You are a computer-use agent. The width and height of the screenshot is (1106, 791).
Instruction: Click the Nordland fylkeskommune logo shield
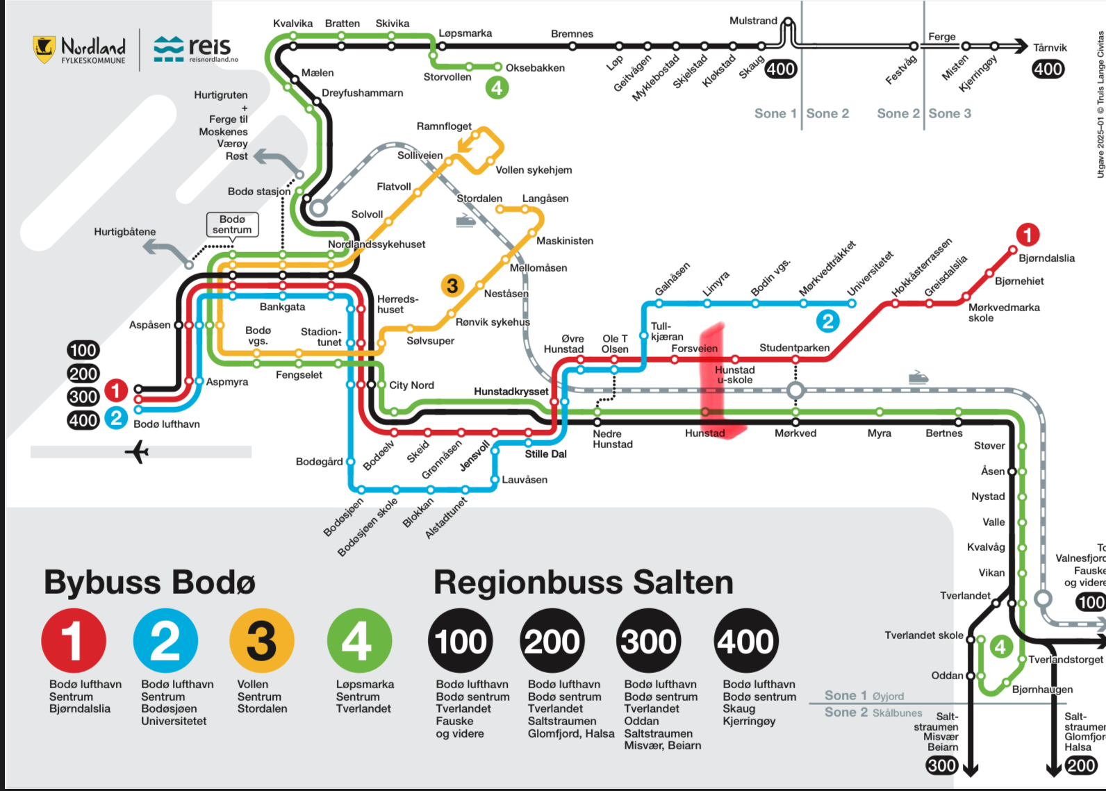[x=44, y=49]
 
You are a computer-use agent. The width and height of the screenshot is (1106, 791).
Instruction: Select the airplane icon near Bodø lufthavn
[x=138, y=452]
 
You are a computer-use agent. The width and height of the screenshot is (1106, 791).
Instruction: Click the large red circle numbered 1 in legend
[x=74, y=640]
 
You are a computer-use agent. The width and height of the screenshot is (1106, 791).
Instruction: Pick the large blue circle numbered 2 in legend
[x=165, y=640]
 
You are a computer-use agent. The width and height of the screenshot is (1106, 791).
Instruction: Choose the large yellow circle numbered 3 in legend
[x=262, y=640]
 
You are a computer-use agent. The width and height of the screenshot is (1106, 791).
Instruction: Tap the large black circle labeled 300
[x=649, y=640]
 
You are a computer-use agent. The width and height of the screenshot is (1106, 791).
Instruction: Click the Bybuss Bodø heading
[x=149, y=582]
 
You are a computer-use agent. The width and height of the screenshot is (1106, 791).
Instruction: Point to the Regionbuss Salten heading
[x=583, y=582]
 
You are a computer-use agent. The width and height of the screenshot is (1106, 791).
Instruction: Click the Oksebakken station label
[x=535, y=68]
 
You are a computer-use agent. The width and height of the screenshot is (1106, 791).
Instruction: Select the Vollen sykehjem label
[x=534, y=170]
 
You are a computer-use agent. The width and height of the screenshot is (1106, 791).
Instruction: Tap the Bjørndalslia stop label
[x=1046, y=258]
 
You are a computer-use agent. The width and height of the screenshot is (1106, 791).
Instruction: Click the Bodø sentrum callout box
[x=232, y=224]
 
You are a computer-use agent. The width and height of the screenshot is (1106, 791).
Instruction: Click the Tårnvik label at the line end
[x=1049, y=48]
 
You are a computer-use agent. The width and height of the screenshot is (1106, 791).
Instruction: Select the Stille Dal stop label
[x=545, y=454]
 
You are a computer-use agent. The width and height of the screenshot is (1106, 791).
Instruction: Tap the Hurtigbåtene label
[x=125, y=232]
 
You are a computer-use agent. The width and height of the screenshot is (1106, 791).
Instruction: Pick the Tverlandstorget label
[x=1065, y=660]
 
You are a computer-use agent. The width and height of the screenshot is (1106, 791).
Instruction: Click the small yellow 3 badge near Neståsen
[x=452, y=285]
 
